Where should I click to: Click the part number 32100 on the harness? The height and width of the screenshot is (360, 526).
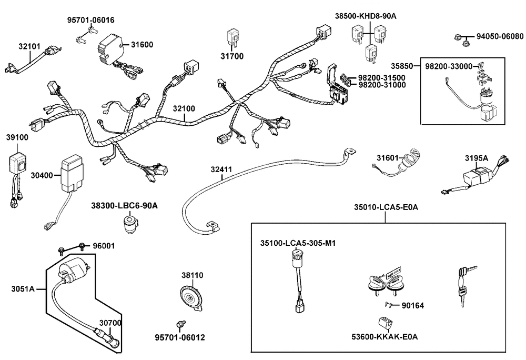[x=184, y=109]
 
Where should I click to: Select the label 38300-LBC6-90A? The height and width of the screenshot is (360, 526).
[x=124, y=206]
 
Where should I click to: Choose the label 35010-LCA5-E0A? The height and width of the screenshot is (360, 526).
[x=385, y=207]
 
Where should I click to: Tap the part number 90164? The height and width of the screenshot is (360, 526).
[x=412, y=305]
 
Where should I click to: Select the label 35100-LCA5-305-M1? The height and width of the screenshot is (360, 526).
[x=298, y=243]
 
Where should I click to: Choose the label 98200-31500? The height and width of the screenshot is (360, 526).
[x=381, y=77]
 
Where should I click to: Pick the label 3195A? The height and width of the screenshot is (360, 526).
[x=476, y=158]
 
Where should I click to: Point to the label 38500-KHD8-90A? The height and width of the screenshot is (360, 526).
[x=366, y=16]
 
